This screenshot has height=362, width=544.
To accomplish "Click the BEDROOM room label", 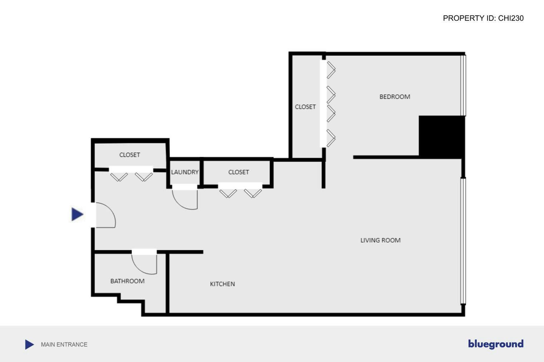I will pyautogui.click(x=394, y=96).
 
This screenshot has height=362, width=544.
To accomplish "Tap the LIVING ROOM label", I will pyautogui.click(x=380, y=240).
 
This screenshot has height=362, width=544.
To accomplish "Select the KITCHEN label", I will pyautogui.click(x=222, y=284).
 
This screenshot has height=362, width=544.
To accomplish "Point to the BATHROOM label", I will pyautogui.click(x=127, y=281).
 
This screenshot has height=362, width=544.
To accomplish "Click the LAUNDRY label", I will pyautogui.click(x=185, y=172).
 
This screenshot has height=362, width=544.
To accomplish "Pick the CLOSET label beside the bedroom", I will pyautogui.click(x=305, y=106).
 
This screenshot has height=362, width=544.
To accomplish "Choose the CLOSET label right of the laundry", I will pyautogui.click(x=238, y=172).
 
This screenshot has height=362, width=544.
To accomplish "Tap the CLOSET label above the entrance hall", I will pyautogui.click(x=129, y=155).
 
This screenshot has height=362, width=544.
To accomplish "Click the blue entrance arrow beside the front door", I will pyautogui.click(x=77, y=214).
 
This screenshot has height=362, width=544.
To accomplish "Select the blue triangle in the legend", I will pyautogui.click(x=29, y=344).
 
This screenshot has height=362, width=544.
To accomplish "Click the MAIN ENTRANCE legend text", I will pyautogui.click(x=64, y=344).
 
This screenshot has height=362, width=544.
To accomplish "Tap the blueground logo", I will pyautogui.click(x=495, y=344).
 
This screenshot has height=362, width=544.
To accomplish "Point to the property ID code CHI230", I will pyautogui.click(x=511, y=18).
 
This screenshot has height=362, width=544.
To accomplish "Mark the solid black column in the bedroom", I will pyautogui.click(x=441, y=137).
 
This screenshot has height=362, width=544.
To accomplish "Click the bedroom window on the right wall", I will pyautogui.click(x=463, y=85).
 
